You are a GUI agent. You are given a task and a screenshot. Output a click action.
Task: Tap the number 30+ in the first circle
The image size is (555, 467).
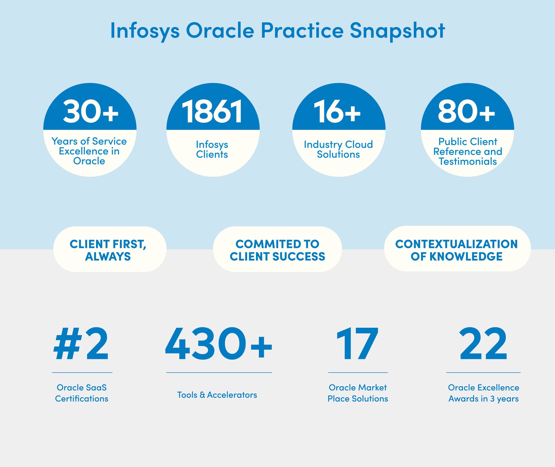(x=90, y=111)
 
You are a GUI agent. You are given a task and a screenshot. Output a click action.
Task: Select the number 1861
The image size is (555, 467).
(x=212, y=111)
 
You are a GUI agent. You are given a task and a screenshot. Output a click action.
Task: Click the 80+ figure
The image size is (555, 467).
(x=466, y=111)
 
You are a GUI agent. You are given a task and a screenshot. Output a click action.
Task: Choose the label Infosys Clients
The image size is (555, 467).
(x=212, y=149)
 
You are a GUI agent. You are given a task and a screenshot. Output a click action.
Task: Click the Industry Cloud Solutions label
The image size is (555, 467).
(x=338, y=149)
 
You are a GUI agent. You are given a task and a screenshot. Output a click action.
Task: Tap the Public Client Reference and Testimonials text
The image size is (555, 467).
(x=468, y=151)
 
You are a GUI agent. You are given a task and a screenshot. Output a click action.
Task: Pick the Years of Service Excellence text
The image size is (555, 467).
(x=89, y=151)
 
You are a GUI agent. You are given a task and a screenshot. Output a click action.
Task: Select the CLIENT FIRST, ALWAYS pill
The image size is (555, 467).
(x=109, y=250)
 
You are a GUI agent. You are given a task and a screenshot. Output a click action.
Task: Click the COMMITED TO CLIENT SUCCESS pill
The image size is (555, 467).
(x=277, y=250)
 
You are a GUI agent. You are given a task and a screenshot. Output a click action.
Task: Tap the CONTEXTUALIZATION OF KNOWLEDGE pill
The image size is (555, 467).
(x=457, y=250)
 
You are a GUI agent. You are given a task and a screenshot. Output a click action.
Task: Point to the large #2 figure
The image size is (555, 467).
(x=81, y=344)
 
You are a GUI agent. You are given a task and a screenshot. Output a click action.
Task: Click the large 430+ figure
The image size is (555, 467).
(x=219, y=344)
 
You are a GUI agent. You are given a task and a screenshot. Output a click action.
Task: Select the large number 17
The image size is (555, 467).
(x=357, y=344)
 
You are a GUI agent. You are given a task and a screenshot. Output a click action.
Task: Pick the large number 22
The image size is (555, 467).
(x=483, y=344)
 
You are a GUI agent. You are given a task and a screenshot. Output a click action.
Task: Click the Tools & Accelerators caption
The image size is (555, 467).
(x=217, y=395)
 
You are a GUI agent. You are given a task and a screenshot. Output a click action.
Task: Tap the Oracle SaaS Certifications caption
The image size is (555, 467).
(x=82, y=393)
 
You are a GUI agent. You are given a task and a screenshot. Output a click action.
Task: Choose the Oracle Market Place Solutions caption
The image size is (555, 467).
(x=358, y=393)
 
